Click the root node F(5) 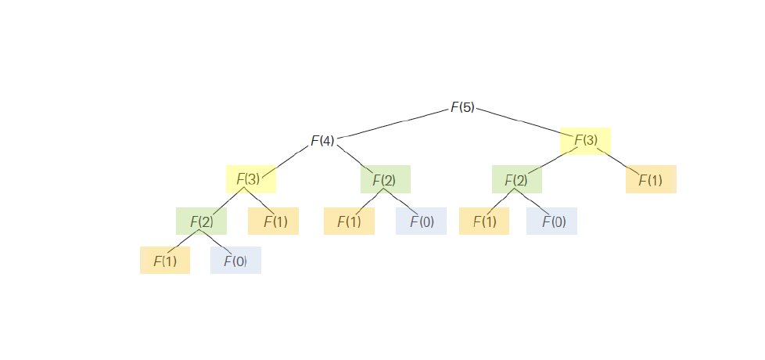coord(462,107)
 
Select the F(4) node coord(322,141)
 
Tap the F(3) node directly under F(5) coord(586,141)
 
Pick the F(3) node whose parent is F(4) coord(250,179)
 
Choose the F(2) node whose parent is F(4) coord(385,180)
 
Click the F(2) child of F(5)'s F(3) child coord(516,180)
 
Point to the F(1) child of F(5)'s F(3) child coord(651,180)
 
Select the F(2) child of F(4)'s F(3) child coord(201,221)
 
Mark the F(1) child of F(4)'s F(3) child coord(273,221)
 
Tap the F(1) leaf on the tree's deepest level coord(165,261)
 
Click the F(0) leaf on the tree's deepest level coord(235,261)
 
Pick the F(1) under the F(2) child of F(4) coord(349,221)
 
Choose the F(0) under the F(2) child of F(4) coord(421,221)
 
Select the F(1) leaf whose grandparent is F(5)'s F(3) coord(484,221)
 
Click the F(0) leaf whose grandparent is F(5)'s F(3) coord(551,221)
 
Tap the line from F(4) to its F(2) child coord(354,159)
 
